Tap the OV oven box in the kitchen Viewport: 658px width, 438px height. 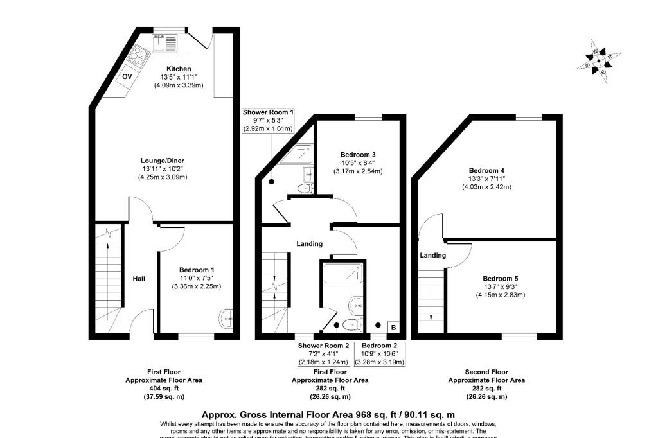click(x=127, y=78)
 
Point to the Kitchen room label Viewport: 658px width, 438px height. click(x=179, y=69)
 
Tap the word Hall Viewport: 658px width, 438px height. click(x=139, y=279)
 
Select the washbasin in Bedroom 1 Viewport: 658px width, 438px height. click(x=225, y=318)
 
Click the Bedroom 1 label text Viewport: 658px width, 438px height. click(x=196, y=269)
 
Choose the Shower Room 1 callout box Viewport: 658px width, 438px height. click(x=268, y=120)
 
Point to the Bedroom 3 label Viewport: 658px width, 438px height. click(x=358, y=155)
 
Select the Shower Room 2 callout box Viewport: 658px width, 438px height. click(x=323, y=354)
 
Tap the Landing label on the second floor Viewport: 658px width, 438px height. click(x=432, y=255)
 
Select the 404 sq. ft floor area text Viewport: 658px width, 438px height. click(x=163, y=389)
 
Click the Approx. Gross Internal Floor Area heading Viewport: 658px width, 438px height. click(x=328, y=415)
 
